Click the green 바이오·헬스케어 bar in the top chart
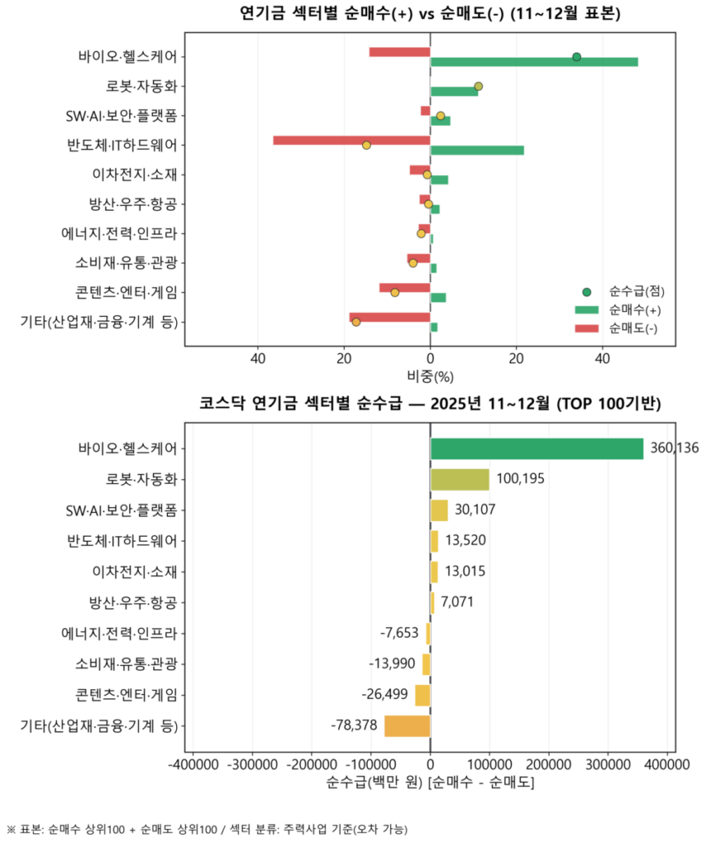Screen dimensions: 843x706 [533, 62]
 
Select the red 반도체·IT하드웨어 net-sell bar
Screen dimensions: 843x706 [351, 140]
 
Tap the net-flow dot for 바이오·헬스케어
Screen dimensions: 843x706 [577, 57]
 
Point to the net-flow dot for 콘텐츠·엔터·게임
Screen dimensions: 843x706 [395, 292]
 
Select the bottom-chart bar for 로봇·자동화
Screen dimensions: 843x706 [459, 479]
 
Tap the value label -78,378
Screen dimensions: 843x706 [355, 725]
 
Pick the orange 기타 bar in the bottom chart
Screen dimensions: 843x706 [407, 725]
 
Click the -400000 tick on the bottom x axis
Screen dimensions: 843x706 [193, 765]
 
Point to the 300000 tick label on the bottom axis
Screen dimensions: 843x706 [607, 765]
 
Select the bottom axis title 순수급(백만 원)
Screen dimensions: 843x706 [430, 782]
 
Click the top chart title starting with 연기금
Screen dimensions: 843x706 [430, 14]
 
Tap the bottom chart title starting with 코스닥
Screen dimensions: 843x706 [430, 403]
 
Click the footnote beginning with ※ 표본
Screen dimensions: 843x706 [207, 828]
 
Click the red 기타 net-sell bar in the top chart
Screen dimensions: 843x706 [389, 317]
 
